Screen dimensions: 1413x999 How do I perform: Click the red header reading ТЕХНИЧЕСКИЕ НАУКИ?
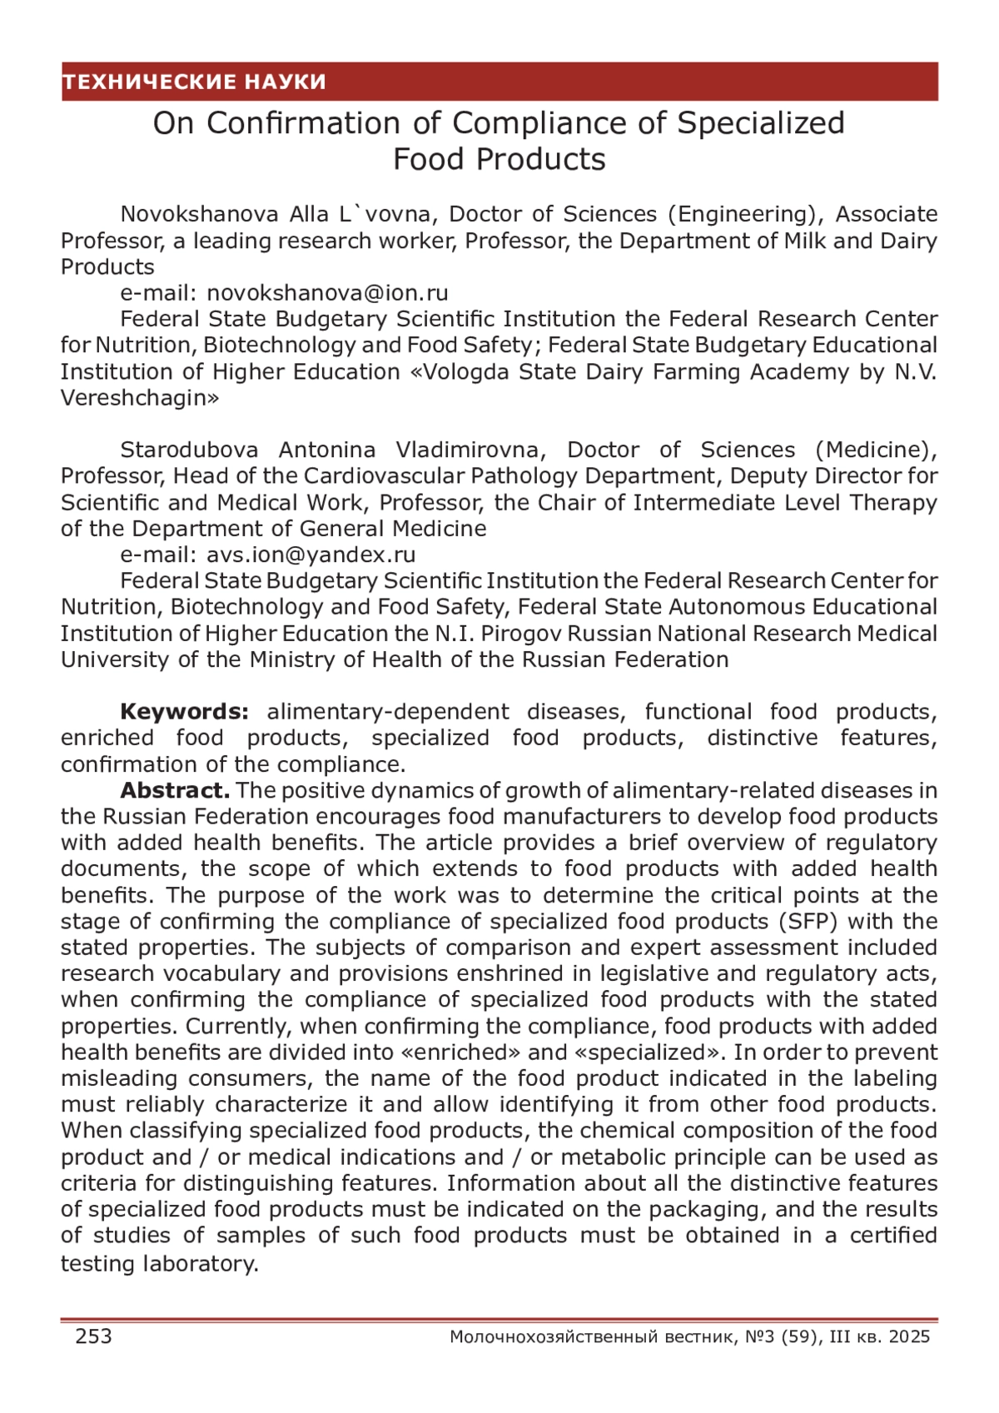pos(194,82)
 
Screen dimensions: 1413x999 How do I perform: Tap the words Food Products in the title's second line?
pos(499,159)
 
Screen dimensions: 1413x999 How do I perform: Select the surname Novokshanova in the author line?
pos(199,214)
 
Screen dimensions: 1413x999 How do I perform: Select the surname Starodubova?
pos(189,450)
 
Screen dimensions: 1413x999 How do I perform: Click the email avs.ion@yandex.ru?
pos(311,555)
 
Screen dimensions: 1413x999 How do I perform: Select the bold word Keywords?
pos(184,712)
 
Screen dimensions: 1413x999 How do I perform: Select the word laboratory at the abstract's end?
pos(201,1264)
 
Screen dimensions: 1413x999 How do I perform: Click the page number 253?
pos(93,1336)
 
